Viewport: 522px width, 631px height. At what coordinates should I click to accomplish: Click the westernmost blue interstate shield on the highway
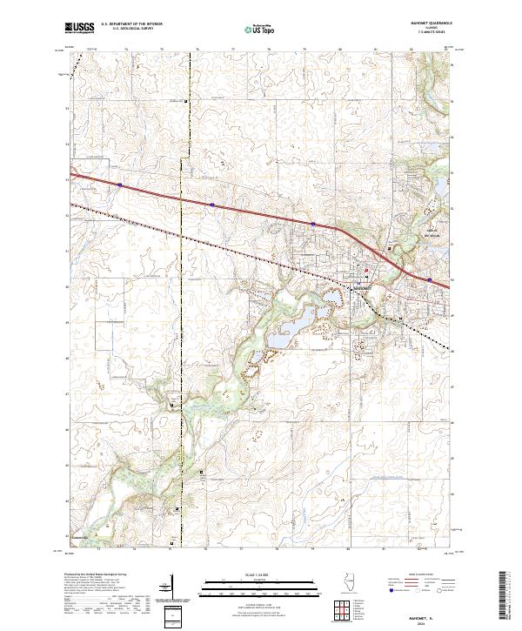[x=119, y=185]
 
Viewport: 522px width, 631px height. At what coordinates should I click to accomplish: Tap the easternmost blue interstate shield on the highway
[x=429, y=280]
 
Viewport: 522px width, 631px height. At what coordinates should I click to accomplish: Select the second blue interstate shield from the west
[x=211, y=205]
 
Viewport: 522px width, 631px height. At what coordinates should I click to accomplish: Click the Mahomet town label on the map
[x=361, y=287]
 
